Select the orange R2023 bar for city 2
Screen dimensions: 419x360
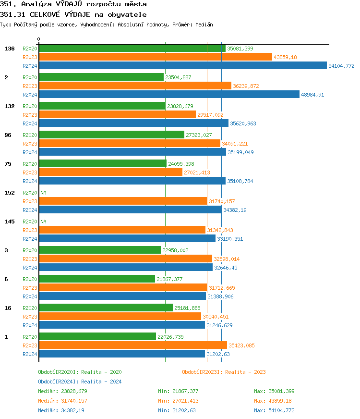pyautogui.click(x=135, y=86)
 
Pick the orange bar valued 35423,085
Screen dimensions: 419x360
pyautogui.click(x=132, y=345)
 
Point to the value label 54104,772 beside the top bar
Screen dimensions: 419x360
pyautogui.click(x=341, y=66)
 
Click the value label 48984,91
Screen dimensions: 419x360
pyautogui.click(x=312, y=95)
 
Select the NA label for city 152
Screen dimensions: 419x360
pyautogui.click(x=43, y=193)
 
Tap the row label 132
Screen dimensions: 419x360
pyautogui.click(x=10, y=106)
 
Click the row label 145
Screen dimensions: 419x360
pyautogui.click(x=10, y=222)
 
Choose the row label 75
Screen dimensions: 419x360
pyautogui.click(x=8, y=164)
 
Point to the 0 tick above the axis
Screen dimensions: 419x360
pyautogui.click(x=39, y=39)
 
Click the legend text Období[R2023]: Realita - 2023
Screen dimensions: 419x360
pyautogui.click(x=224, y=372)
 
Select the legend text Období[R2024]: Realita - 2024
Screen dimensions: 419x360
pyautogui.click(x=80, y=382)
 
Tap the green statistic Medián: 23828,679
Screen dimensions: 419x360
pyautogui.click(x=62, y=391)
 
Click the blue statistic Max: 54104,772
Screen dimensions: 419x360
pyautogui.click(x=274, y=410)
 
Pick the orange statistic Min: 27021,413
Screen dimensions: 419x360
pyautogui.click(x=178, y=401)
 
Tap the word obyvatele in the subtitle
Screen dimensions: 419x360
pyautogui.click(x=130, y=14)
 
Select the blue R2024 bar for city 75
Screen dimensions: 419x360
pyautogui.click(x=132, y=181)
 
